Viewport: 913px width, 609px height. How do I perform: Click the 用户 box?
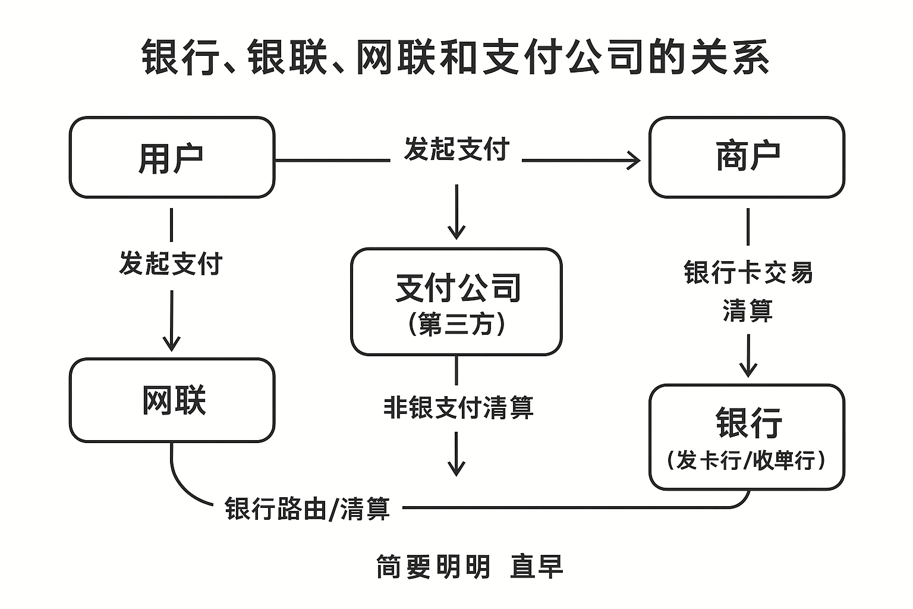click(172, 158)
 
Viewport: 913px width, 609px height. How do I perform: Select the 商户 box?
click(747, 158)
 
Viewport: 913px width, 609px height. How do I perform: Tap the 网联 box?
click(172, 400)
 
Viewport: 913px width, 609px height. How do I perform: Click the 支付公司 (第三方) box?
click(456, 302)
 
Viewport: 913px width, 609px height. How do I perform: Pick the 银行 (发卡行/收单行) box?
click(747, 437)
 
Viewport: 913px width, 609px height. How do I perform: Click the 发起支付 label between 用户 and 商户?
click(456, 149)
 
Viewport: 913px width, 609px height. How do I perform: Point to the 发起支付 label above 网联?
click(171, 263)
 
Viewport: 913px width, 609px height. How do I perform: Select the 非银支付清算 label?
click(458, 407)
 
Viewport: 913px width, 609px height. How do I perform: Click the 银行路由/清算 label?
click(307, 509)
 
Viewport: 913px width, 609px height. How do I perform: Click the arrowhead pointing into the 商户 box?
click(635, 161)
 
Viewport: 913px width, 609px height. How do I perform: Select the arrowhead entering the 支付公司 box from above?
click(456, 233)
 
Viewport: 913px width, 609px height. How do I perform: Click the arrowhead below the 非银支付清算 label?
click(456, 469)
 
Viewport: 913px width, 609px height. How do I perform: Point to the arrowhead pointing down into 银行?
click(748, 371)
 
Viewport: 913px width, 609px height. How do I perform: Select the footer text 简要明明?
click(433, 567)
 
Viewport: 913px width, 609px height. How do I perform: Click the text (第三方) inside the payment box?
click(456, 325)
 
